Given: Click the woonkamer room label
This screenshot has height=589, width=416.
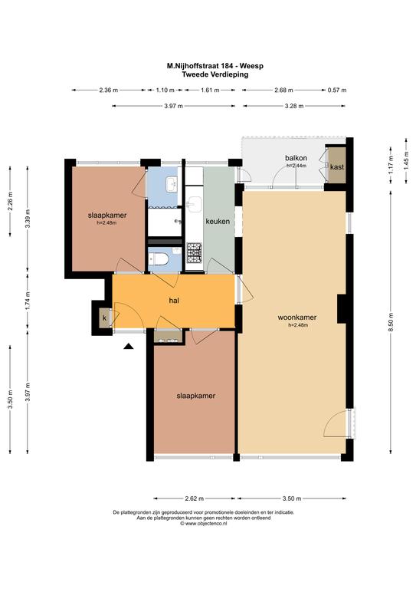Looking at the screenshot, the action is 296,318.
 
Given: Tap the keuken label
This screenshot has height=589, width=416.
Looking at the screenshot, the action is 218,221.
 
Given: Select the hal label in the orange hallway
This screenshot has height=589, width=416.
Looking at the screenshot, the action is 174,300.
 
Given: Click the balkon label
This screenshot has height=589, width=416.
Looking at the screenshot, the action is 296,158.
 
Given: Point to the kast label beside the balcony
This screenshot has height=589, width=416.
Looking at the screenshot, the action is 337,166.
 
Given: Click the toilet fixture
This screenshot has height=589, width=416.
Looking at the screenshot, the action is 158,258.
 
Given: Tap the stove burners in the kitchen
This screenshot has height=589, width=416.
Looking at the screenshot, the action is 195,253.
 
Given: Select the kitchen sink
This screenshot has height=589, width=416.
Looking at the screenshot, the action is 195,206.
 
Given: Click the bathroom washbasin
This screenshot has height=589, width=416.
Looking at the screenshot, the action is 172,184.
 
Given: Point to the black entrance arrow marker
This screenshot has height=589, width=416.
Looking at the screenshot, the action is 129,347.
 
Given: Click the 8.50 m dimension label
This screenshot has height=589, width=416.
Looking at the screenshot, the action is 391,322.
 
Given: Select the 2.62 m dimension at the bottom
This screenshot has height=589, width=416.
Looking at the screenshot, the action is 195,499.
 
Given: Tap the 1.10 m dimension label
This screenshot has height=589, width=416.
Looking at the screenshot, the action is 165,90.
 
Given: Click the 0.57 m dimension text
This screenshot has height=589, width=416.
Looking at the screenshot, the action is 337,90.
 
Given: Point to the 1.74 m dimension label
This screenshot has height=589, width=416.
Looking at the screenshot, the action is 28,301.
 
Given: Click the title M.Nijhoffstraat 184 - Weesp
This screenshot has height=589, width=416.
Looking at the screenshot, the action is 215,66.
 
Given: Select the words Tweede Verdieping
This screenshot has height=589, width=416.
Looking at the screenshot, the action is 215,74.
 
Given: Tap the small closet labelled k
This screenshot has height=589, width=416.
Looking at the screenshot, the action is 105,318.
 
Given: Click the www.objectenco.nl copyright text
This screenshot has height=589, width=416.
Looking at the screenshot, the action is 204,523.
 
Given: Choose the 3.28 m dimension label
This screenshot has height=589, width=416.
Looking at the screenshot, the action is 294,106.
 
